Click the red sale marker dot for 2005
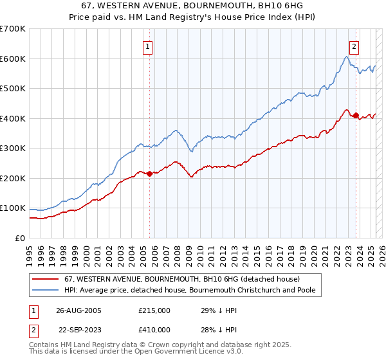150,174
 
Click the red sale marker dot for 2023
356,115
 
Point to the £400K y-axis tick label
13,118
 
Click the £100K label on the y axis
13,208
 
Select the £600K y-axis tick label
13,59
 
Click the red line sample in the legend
45,279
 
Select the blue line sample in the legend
45,290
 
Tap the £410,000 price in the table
154,330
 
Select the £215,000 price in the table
154,310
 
